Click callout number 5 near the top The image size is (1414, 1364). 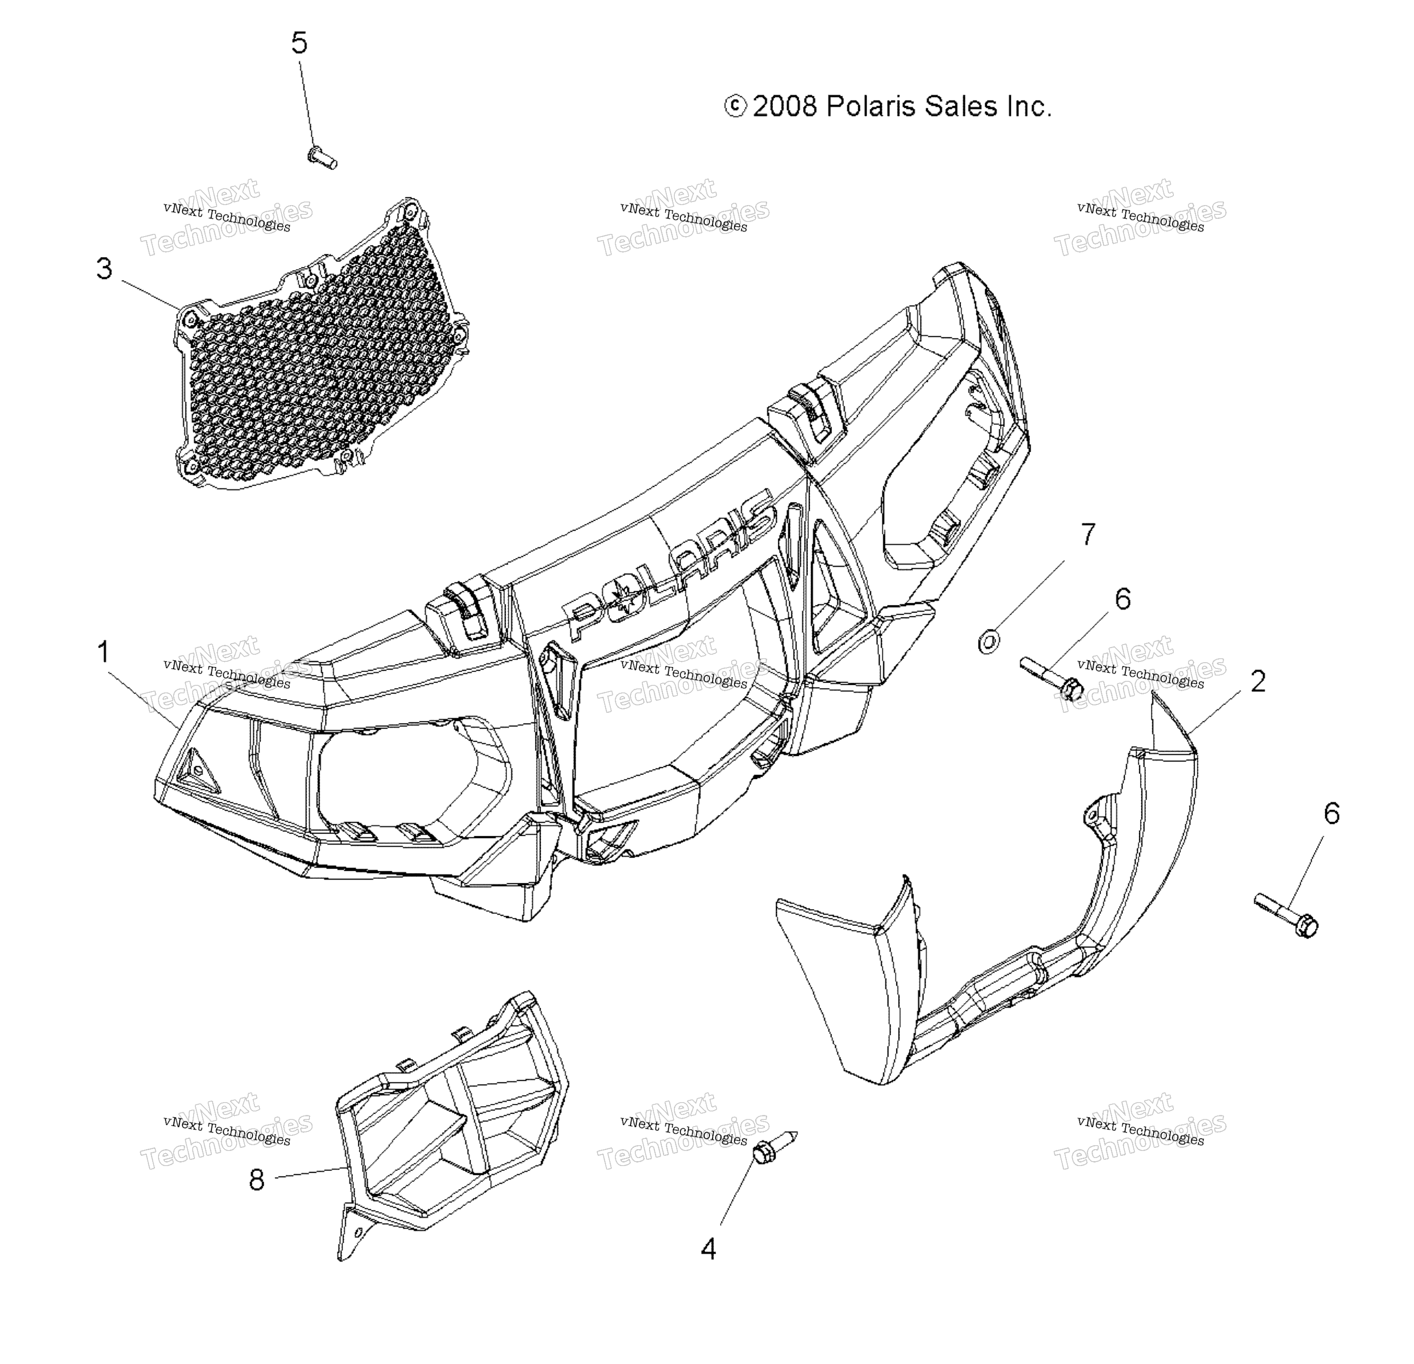coord(299,43)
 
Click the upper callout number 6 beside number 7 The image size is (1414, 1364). coord(1123,599)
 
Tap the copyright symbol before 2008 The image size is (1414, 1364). coord(735,107)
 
